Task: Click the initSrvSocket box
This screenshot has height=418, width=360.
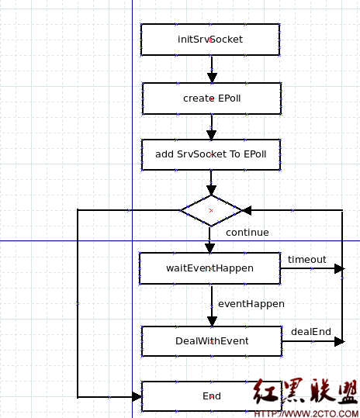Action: coord(209,39)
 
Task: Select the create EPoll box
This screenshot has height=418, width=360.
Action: coord(209,98)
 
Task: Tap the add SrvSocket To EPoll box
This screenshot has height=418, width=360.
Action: coord(210,154)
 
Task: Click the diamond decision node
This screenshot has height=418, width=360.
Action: coord(211,210)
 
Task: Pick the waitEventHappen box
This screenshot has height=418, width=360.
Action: coord(209,268)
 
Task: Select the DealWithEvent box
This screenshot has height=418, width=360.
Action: coord(210,340)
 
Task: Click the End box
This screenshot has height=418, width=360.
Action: coord(211,396)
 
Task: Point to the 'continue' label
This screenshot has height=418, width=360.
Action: coord(247,232)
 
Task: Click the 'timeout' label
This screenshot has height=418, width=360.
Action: coord(307,259)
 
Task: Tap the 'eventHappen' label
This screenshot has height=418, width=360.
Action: coord(251,303)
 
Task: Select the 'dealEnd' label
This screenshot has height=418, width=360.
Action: coord(311,331)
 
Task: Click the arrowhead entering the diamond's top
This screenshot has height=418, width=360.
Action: coord(211,190)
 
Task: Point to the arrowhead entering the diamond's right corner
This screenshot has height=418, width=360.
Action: coord(247,210)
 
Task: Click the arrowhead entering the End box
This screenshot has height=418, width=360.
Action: coord(137,396)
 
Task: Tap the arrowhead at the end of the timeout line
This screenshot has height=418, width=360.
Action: coord(338,269)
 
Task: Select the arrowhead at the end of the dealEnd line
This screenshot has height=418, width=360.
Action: coord(338,340)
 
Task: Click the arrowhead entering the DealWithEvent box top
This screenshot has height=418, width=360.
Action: coord(211,320)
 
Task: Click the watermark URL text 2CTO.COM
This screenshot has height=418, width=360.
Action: coord(306,413)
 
